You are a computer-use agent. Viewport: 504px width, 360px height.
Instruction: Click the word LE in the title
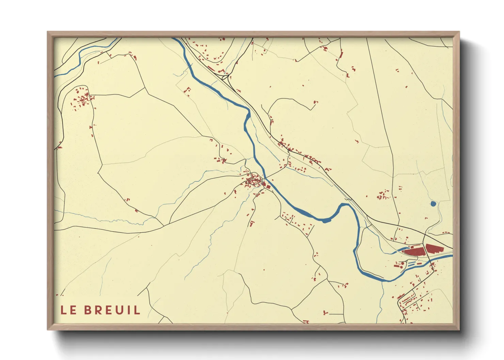point(68,310)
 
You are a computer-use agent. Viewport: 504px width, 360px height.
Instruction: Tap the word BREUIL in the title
point(112,310)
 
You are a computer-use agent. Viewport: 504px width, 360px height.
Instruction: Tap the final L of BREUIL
point(137,310)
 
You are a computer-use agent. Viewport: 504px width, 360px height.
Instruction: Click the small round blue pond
point(433,204)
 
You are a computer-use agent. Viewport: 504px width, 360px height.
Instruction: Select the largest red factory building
point(414,251)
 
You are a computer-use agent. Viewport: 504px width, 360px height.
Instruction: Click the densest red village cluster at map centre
point(253,181)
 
